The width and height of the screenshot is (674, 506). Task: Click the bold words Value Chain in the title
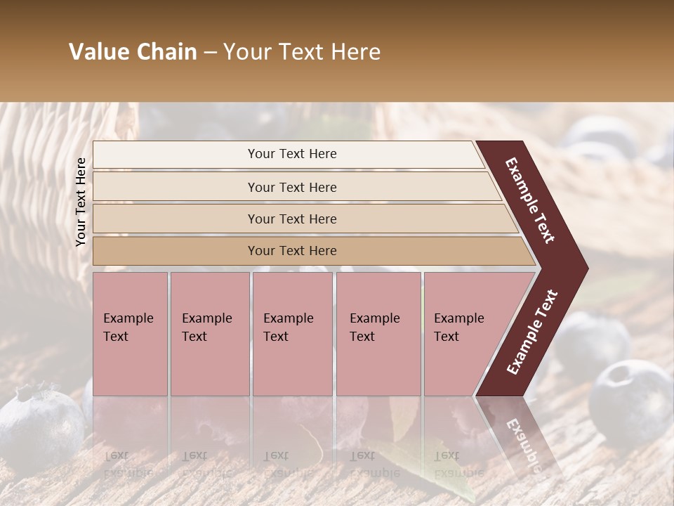click(133, 52)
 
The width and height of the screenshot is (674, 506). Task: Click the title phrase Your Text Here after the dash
click(302, 52)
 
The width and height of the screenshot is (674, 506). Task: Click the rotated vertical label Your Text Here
click(81, 202)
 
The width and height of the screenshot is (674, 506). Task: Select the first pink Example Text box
click(130, 333)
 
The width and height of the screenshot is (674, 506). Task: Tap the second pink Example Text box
click(209, 333)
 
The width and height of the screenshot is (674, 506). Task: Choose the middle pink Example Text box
click(292, 333)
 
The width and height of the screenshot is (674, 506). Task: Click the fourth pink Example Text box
click(378, 333)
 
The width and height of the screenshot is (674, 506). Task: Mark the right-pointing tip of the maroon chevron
click(584, 268)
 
